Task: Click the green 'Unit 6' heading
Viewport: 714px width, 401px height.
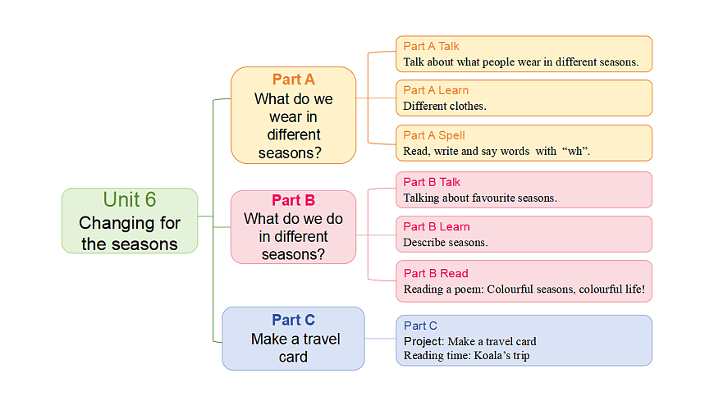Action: point(130,200)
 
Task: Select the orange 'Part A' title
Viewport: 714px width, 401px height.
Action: point(293,80)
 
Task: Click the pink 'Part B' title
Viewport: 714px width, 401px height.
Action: point(293,200)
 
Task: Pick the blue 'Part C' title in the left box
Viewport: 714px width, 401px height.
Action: point(293,320)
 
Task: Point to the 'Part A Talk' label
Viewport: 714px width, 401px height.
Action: point(431,46)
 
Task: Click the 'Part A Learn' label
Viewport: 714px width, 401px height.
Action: point(436,90)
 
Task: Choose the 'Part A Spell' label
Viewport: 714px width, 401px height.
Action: point(433,135)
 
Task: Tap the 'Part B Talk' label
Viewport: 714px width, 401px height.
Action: point(432,182)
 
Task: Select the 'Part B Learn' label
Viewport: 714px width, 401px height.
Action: point(437,226)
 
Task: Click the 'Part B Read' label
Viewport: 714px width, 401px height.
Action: point(436,273)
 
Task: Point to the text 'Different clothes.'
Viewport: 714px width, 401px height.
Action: point(445,106)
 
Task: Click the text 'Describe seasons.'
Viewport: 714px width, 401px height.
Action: point(446,242)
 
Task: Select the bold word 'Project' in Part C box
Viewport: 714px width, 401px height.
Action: point(423,341)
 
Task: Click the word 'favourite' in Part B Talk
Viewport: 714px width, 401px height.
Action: point(488,198)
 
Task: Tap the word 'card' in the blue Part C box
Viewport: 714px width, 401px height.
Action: point(293,357)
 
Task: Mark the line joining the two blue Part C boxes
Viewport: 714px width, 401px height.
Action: point(380,339)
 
